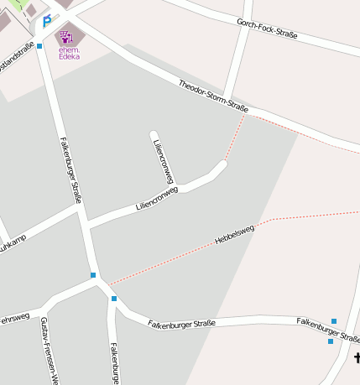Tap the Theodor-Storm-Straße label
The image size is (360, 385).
point(213,96)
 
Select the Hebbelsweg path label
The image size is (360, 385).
point(235,234)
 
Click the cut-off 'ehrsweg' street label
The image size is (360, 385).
point(14,319)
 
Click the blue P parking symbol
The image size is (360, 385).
point(47,21)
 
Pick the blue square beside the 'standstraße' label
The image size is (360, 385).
point(39,46)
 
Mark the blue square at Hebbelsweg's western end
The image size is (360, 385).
point(93,275)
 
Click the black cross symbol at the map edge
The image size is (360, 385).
point(357,359)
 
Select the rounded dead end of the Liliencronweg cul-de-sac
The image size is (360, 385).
point(154,134)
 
